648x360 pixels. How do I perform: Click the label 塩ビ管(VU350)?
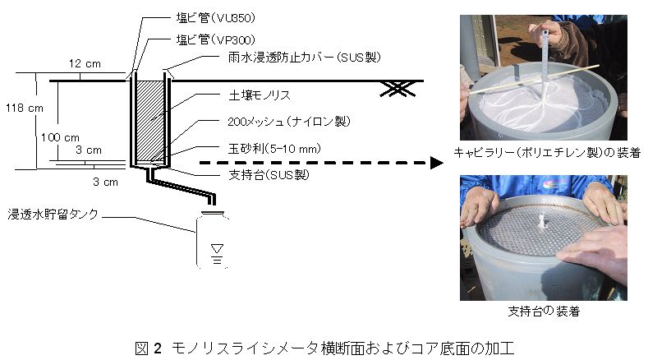pyautogui.click(x=216, y=18)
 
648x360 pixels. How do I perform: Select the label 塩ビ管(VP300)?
pyautogui.click(x=216, y=39)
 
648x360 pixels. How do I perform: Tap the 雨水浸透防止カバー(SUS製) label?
pyautogui.click(x=304, y=57)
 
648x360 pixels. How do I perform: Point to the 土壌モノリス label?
pyautogui.click(x=260, y=95)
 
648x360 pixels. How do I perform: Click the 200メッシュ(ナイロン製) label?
pyautogui.click(x=289, y=122)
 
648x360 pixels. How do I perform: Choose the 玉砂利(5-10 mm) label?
pyautogui.click(x=274, y=149)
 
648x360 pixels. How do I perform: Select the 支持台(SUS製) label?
pyautogui.click(x=269, y=174)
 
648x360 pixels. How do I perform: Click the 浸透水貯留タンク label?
pyautogui.click(x=53, y=214)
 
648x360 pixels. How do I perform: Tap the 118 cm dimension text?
pyautogui.click(x=25, y=108)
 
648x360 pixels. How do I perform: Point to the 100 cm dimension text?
pyautogui.click(x=60, y=137)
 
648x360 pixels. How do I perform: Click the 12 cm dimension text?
pyautogui.click(x=85, y=64)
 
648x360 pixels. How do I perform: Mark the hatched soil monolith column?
pyautogui.click(x=150, y=121)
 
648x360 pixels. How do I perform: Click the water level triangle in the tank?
pyautogui.click(x=217, y=248)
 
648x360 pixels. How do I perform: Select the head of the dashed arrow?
pyautogui.click(x=436, y=163)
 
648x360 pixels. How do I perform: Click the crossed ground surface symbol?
pyautogui.click(x=398, y=89)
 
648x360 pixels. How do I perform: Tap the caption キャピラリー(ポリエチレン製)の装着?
pyautogui.click(x=547, y=153)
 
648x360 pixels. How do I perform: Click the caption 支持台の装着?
pyautogui.click(x=544, y=311)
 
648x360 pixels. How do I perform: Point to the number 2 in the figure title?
pyautogui.click(x=158, y=348)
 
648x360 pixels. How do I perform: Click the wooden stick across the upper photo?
pyautogui.click(x=534, y=78)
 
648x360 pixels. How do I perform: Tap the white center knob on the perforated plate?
pyautogui.click(x=542, y=221)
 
